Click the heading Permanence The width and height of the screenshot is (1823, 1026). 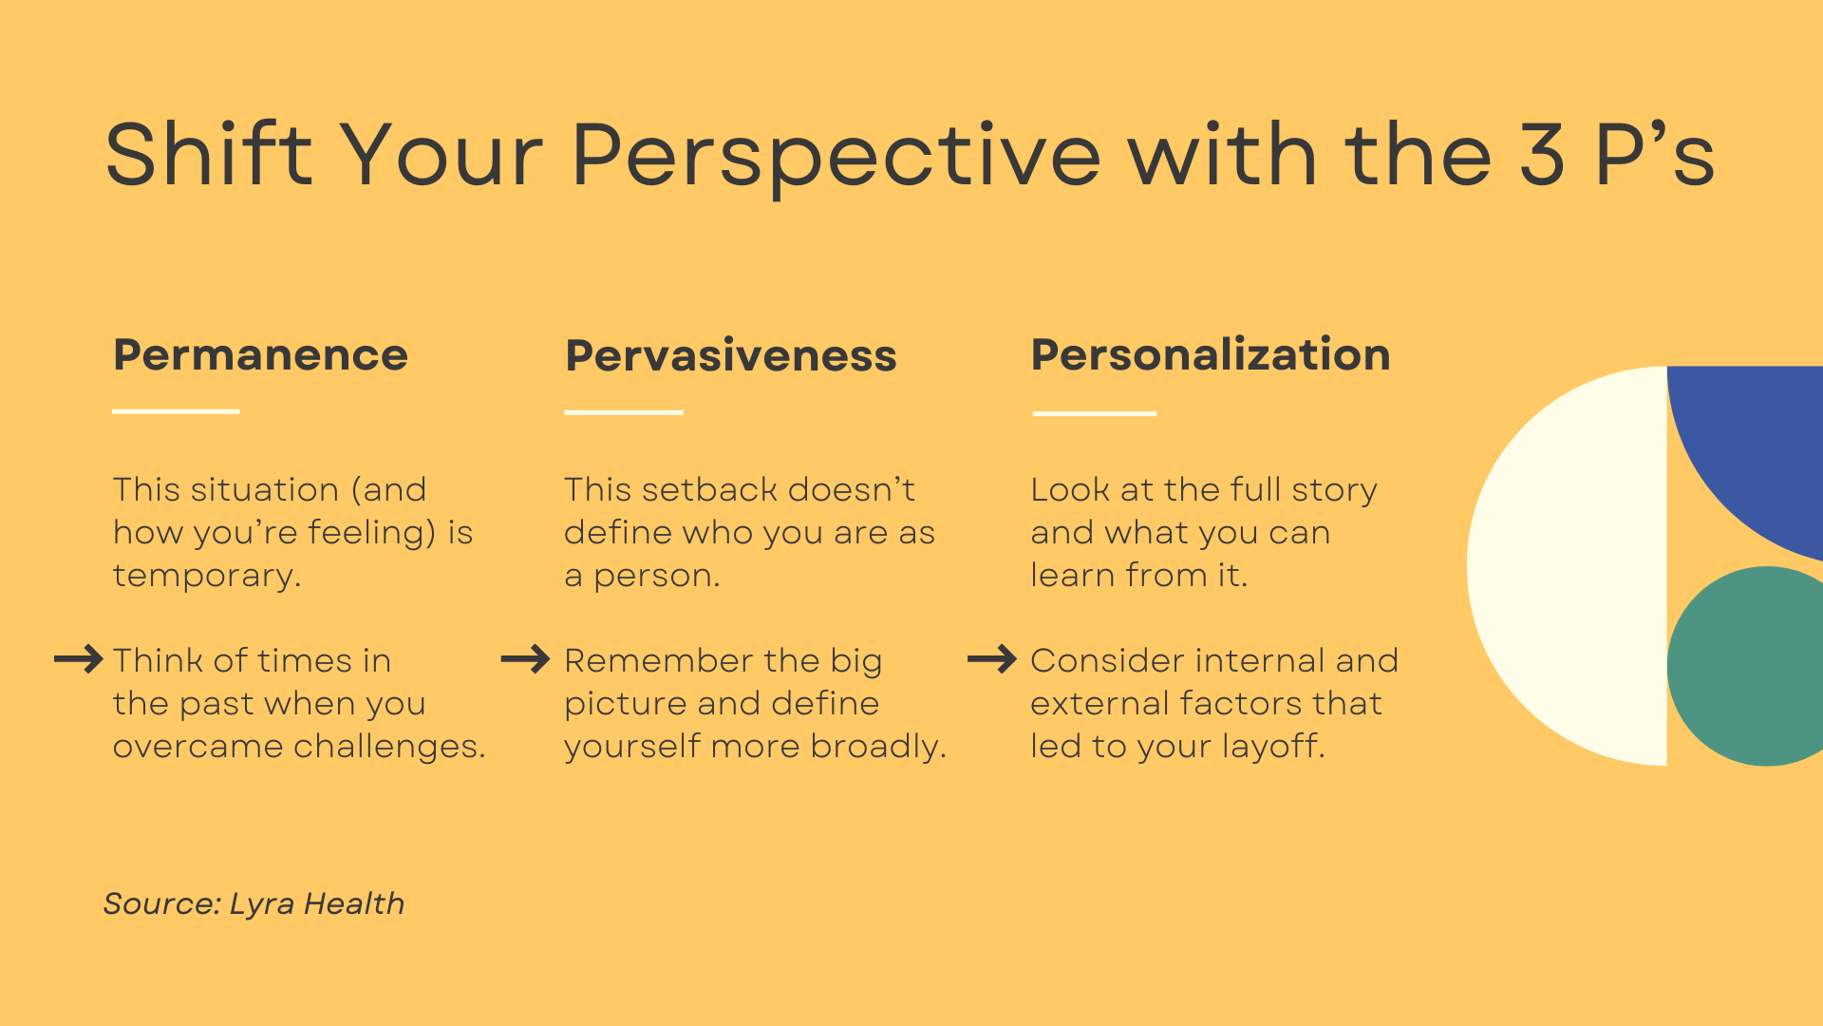pyautogui.click(x=260, y=354)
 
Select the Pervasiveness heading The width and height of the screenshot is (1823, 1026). pyautogui.click(x=730, y=355)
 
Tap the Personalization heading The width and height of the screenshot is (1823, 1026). pyautogui.click(x=1211, y=354)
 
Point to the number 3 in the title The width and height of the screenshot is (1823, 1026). pyautogui.click(x=1542, y=153)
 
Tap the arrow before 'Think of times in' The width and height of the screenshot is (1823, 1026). pyautogui.click(x=79, y=659)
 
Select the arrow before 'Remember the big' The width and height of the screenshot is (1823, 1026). pyautogui.click(x=525, y=659)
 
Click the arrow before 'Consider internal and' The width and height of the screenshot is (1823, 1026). pyautogui.click(x=992, y=659)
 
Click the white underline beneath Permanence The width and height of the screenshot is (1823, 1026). pyautogui.click(x=176, y=411)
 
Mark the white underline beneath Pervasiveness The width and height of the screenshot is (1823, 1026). pyautogui.click(x=624, y=412)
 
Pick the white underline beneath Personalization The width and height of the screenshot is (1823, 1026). pyautogui.click(x=1095, y=413)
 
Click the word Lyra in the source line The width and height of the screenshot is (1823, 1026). pyautogui.click(x=262, y=904)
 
